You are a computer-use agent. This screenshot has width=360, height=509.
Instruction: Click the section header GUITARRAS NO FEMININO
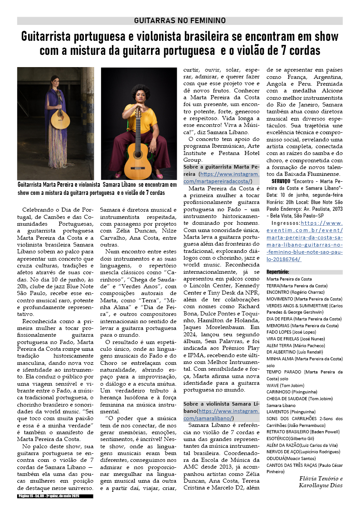pos(180,20)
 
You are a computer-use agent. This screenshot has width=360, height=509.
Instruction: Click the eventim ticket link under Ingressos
pos(304,241)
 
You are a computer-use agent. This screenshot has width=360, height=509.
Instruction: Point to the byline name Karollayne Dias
pos(321,485)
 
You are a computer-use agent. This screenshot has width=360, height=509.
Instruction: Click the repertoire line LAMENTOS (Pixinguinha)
pos(291,412)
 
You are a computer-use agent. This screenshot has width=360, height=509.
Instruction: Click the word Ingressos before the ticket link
pos(284,223)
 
